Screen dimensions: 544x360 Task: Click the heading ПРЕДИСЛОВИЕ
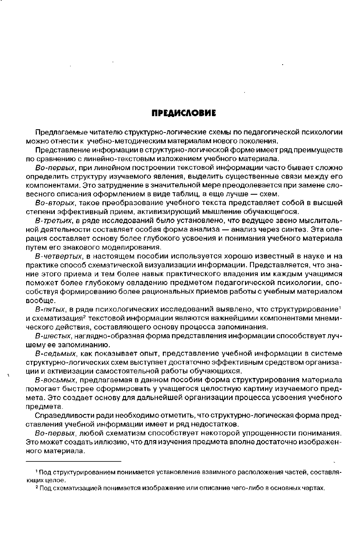pyautogui.click(x=184, y=112)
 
